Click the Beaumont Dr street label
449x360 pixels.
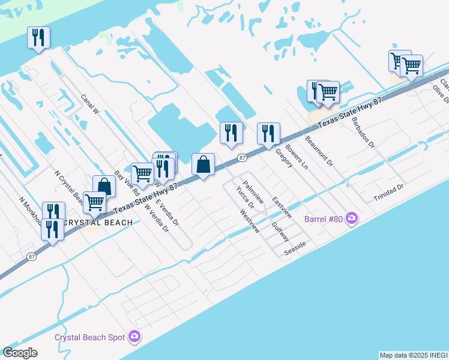(319, 152)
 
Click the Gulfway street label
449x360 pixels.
(280, 230)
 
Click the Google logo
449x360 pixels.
(20, 353)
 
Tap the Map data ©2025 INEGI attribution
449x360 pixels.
(414, 355)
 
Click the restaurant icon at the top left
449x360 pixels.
(38, 37)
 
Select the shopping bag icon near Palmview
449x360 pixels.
(203, 164)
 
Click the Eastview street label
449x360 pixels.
(282, 206)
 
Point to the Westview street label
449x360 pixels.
(250, 220)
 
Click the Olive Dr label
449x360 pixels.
(440, 95)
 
